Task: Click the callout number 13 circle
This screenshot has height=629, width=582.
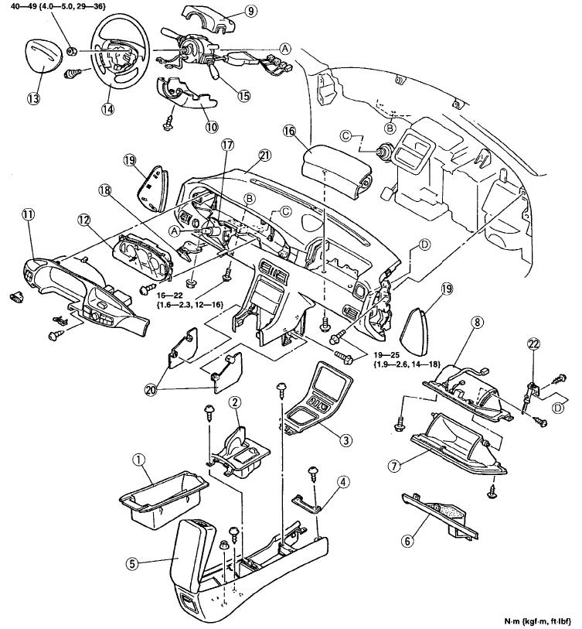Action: coord(34,98)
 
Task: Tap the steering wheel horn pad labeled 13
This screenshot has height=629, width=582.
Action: coord(42,60)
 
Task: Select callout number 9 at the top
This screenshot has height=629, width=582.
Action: coord(250,12)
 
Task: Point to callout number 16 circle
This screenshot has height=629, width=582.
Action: coord(289,131)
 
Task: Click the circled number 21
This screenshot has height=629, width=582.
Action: coord(265,156)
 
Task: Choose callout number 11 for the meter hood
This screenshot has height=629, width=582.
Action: coord(29,214)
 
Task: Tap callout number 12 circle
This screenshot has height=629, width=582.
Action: coord(84,220)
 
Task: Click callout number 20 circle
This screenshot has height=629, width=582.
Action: coord(151,390)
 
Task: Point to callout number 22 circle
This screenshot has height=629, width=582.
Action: coord(533,344)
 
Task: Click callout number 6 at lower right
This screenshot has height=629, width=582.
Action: coord(407,541)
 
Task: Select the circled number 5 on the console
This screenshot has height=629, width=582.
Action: coord(132,563)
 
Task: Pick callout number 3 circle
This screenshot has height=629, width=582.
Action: coord(345,440)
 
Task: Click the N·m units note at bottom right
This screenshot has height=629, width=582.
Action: coord(536,621)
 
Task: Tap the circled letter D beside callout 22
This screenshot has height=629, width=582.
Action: coord(558,408)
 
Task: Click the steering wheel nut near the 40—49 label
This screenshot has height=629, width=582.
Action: coord(72,51)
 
